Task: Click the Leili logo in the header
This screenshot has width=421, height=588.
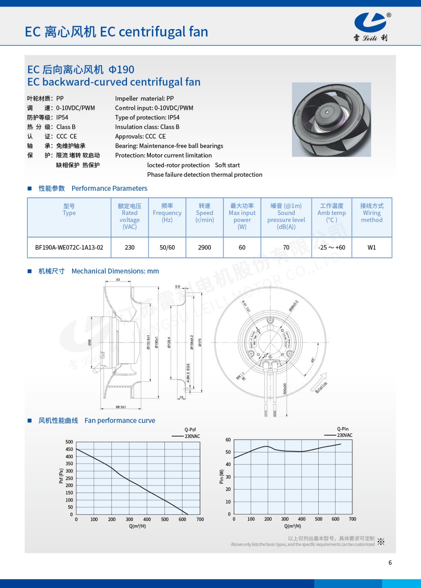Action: [371, 26]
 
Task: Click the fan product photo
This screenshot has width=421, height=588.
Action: [331, 119]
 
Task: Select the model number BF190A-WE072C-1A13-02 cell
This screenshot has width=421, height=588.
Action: [69, 247]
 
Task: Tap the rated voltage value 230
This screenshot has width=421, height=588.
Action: [130, 247]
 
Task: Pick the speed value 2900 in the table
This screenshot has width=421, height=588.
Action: [205, 247]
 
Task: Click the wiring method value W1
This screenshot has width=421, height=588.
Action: [372, 247]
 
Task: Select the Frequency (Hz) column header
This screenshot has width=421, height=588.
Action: [167, 213]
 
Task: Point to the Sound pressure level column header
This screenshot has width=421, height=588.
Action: [286, 216]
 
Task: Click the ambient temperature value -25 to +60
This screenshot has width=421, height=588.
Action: [332, 247]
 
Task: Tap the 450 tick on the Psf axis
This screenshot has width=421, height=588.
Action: [69, 449]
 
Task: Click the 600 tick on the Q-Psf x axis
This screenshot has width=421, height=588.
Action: [183, 519]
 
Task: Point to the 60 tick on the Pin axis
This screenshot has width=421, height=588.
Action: [228, 440]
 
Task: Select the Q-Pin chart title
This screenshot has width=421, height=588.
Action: [343, 429]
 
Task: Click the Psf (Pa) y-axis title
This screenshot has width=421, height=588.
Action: [61, 476]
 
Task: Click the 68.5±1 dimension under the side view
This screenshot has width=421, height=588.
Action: [121, 407]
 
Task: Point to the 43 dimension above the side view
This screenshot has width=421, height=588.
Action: [118, 280]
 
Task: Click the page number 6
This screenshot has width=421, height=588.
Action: [390, 563]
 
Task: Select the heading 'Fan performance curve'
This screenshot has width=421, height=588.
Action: [120, 420]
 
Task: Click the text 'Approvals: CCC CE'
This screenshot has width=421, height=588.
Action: [140, 136]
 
